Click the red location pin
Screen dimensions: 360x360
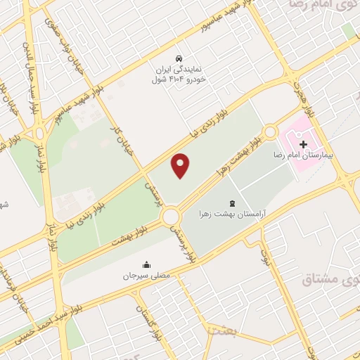(x=181, y=165)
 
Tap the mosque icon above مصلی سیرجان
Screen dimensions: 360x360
(x=146, y=265)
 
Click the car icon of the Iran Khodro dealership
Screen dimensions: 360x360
(x=180, y=58)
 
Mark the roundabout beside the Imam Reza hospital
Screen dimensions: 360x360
(x=269, y=131)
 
